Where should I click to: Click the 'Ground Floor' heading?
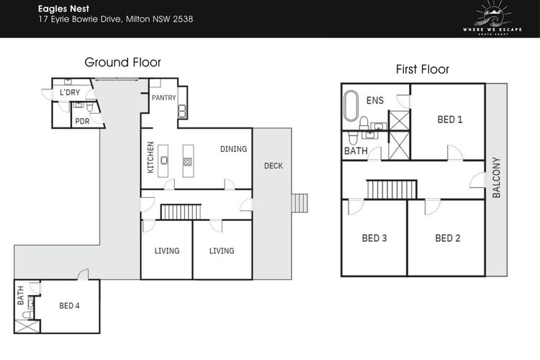click(x=122, y=63)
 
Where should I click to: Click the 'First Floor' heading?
click(x=422, y=69)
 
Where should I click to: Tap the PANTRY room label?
click(x=164, y=98)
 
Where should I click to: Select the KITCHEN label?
click(x=150, y=157)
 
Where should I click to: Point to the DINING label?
click(x=233, y=149)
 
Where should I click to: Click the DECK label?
click(x=274, y=166)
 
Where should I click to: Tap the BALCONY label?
click(x=496, y=177)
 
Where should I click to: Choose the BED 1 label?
click(x=450, y=120)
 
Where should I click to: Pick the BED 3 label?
click(x=374, y=238)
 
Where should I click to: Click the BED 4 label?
click(x=69, y=305)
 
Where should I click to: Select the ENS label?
click(x=374, y=100)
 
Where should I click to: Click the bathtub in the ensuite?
click(x=351, y=106)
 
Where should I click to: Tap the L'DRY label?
click(x=70, y=92)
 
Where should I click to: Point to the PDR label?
click(x=82, y=121)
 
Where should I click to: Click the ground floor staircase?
click(x=181, y=212)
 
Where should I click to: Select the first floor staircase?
click(x=392, y=189)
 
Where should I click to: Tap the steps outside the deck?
click(x=300, y=203)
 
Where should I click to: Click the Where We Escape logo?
click(x=492, y=18)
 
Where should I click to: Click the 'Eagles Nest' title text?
click(x=63, y=9)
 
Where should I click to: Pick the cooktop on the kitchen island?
click(x=187, y=161)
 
